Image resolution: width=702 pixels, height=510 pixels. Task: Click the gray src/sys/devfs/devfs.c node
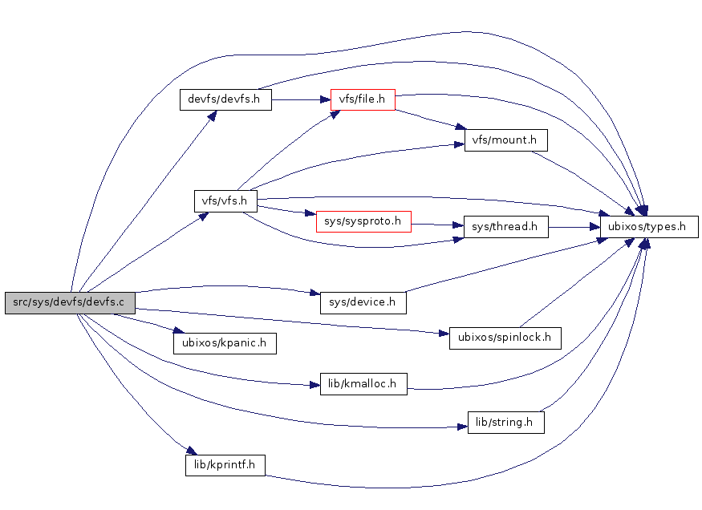(x=69, y=302)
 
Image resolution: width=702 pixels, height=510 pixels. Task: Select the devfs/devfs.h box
(x=225, y=99)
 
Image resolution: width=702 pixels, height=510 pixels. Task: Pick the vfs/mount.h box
(x=505, y=140)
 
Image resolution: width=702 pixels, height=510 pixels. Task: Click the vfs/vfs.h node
(x=225, y=200)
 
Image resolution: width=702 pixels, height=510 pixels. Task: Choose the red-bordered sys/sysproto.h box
(x=363, y=221)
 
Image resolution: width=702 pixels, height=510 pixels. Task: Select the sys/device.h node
(x=363, y=302)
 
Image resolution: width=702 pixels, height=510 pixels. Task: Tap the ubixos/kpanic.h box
(x=225, y=343)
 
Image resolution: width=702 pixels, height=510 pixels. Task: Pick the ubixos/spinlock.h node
(x=505, y=338)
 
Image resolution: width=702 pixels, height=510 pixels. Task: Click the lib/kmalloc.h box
(x=363, y=383)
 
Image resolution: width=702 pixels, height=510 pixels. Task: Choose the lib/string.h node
(x=505, y=422)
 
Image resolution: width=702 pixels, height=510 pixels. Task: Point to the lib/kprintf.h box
(x=225, y=464)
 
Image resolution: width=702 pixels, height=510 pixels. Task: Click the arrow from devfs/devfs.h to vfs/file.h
(x=301, y=99)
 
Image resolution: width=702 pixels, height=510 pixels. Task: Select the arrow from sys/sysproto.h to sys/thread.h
(x=437, y=225)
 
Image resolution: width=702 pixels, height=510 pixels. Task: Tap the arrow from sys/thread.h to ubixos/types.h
(x=574, y=227)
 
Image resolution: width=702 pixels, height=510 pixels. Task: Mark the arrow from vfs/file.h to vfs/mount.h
(x=429, y=119)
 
